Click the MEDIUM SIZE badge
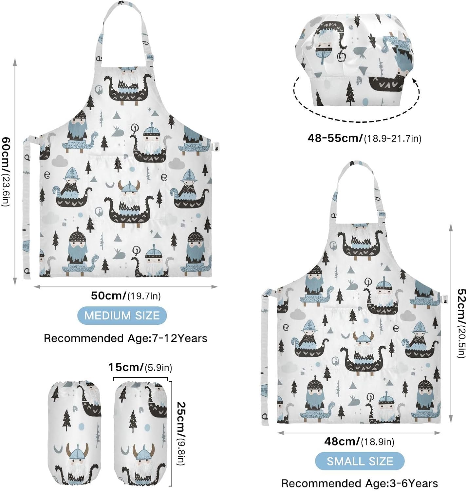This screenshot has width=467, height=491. click(x=122, y=316)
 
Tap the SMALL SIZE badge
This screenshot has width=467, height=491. click(x=360, y=461)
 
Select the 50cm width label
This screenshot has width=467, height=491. click(x=126, y=296)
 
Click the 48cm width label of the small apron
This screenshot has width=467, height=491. click(x=359, y=442)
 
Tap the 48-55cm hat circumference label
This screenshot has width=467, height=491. click(x=364, y=138)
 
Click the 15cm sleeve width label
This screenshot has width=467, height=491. click(x=140, y=367)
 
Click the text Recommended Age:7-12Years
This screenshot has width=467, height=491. click(x=125, y=338)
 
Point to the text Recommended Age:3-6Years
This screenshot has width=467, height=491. click(x=360, y=483)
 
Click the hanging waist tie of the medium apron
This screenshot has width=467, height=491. click(x=26, y=209)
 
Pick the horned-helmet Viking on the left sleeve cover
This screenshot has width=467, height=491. click(x=77, y=462)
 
